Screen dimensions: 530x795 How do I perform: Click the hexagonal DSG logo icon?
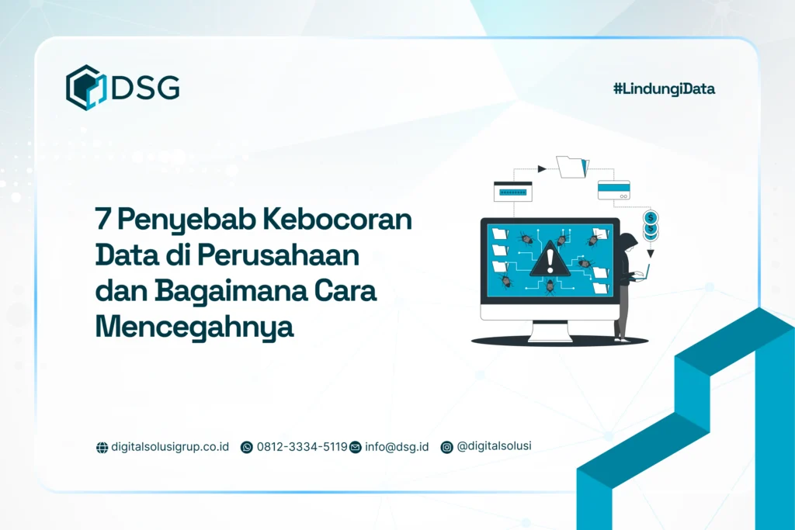click(85, 87)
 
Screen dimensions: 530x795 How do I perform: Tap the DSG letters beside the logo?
click(145, 88)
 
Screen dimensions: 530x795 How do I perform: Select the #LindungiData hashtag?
click(664, 88)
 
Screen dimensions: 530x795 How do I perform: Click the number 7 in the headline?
click(102, 220)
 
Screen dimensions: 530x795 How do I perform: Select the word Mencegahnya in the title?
click(194, 326)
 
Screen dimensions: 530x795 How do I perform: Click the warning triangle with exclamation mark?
click(550, 259)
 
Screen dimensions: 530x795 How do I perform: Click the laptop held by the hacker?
click(645, 272)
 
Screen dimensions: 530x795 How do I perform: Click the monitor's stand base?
click(550, 335)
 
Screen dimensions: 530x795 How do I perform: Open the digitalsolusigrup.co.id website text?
click(170, 447)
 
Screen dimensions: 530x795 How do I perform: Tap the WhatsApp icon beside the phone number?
click(247, 447)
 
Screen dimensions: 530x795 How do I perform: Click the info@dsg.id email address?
click(397, 447)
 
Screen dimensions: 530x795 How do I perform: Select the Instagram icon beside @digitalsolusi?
click(446, 447)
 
